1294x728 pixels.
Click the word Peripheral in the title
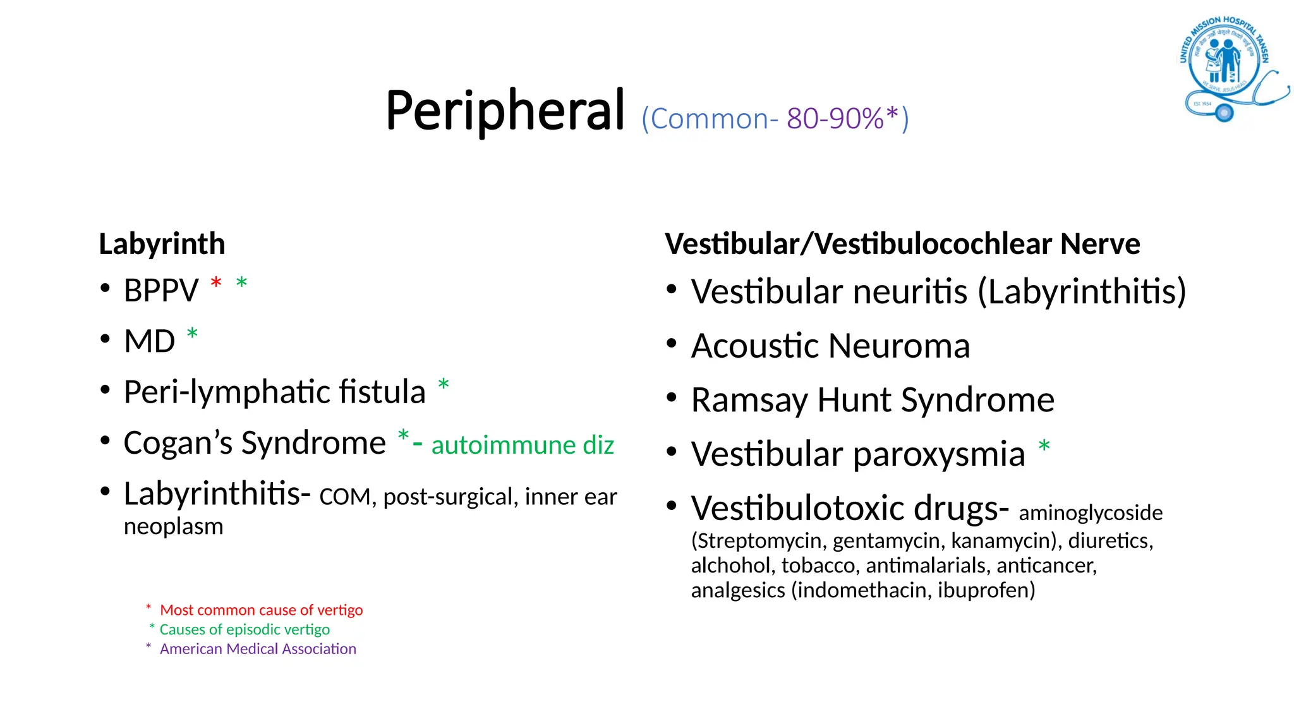point(505,111)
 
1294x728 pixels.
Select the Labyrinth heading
point(162,244)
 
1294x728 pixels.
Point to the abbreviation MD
point(150,341)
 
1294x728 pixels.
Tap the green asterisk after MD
point(192,334)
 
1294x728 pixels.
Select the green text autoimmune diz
point(523,445)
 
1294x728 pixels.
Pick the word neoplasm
point(173,526)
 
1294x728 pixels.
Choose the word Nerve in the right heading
point(1100,244)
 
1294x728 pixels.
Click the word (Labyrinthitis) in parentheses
point(1082,291)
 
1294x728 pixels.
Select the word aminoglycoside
point(1091,513)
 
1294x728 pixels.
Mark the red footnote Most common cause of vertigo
point(261,610)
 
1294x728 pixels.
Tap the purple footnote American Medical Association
point(258,649)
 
